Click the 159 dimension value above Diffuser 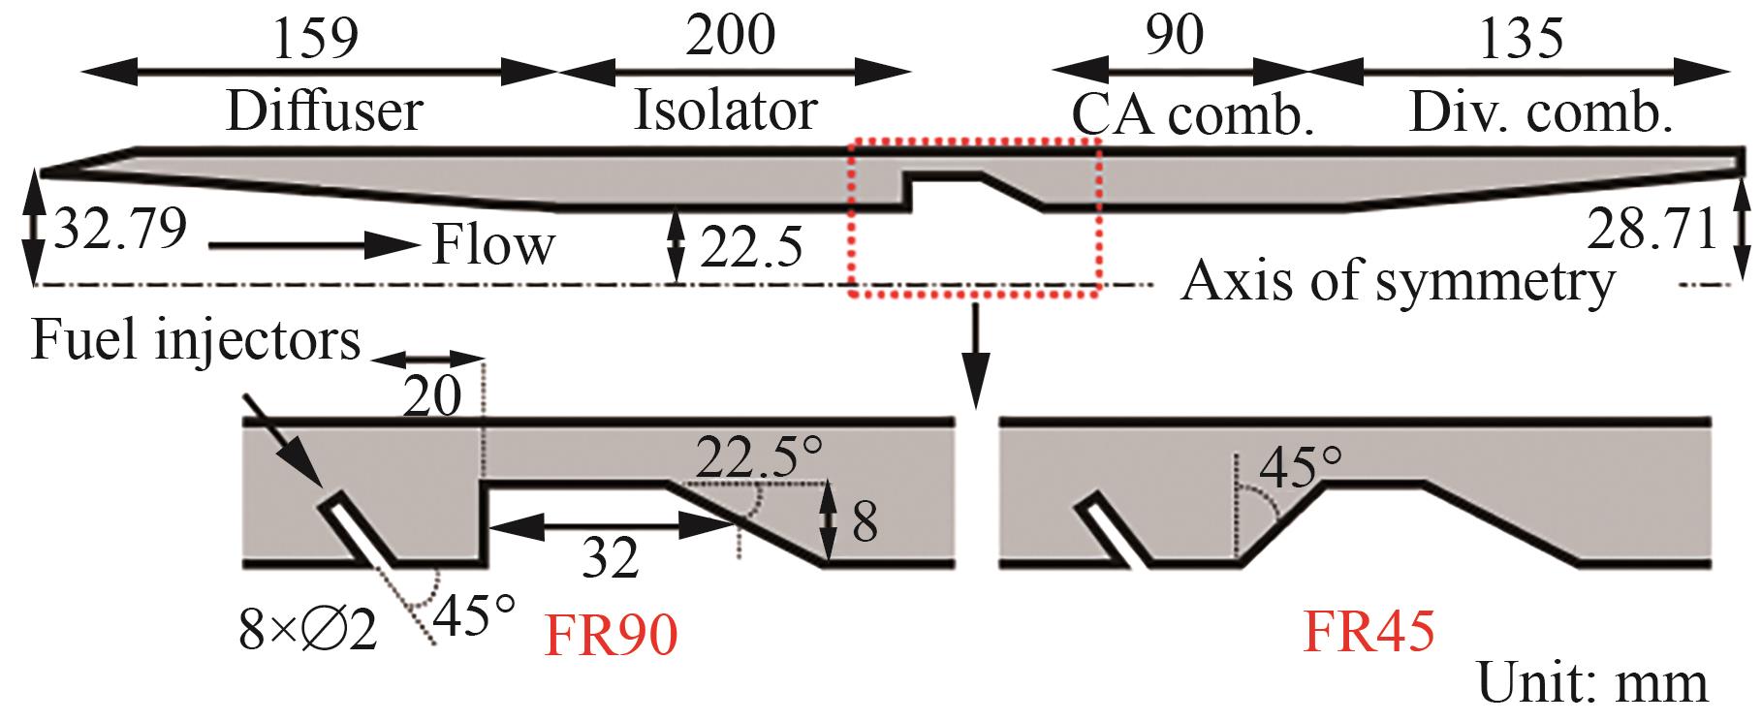click(x=315, y=37)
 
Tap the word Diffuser click(x=324, y=110)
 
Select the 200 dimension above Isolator click(x=730, y=36)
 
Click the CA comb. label click(x=1192, y=116)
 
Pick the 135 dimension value click(x=1521, y=37)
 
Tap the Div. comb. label click(x=1540, y=113)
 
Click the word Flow click(x=493, y=244)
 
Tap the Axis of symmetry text click(x=1399, y=283)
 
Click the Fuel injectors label click(x=196, y=341)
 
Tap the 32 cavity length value click(x=612, y=558)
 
